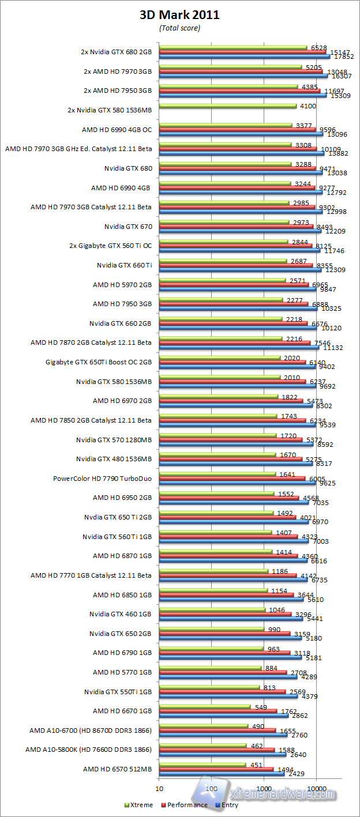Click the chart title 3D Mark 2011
(x=179, y=16)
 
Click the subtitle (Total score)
(x=179, y=28)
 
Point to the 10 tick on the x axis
(x=159, y=788)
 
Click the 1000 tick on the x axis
(x=264, y=788)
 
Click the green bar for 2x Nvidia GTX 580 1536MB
(x=227, y=106)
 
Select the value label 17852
(x=344, y=57)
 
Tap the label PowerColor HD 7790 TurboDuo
(x=103, y=478)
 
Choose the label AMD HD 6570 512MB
(x=117, y=769)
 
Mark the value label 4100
(x=306, y=106)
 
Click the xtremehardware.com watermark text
(x=282, y=794)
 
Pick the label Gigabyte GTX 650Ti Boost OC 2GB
(x=99, y=362)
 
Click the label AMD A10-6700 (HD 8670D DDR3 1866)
(x=91, y=730)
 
